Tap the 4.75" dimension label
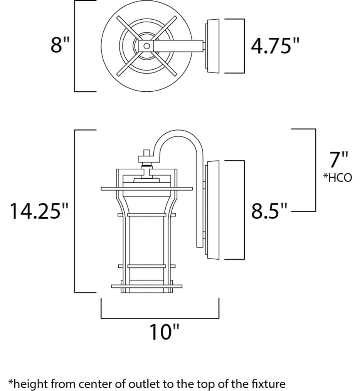tap(275, 46)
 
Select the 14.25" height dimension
tap(39, 211)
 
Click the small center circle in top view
tap(146, 46)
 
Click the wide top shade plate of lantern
tap(146, 189)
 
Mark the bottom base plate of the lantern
tap(146, 286)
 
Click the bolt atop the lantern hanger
tap(146, 153)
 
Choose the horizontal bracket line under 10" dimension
tap(160, 318)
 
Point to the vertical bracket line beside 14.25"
tap(74, 211)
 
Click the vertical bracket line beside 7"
tap(315, 169)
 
